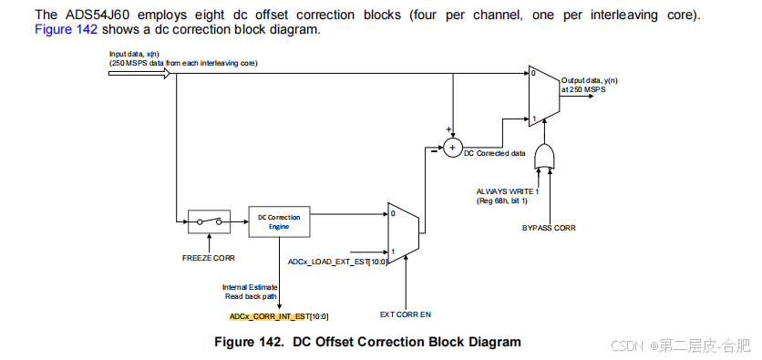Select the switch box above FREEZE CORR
click(x=209, y=222)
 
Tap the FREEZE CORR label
click(x=209, y=258)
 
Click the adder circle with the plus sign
click(x=452, y=149)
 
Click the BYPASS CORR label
click(x=549, y=227)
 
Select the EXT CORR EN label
click(x=406, y=314)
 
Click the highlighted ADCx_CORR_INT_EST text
click(x=267, y=317)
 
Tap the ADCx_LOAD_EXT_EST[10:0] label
click(x=338, y=262)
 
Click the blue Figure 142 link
click(x=67, y=29)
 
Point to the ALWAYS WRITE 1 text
click(x=503, y=192)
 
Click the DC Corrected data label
click(x=495, y=153)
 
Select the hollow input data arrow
click(x=139, y=73)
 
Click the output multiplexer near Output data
click(x=544, y=96)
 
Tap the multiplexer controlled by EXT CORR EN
click(x=403, y=233)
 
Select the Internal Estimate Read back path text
click(x=250, y=292)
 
